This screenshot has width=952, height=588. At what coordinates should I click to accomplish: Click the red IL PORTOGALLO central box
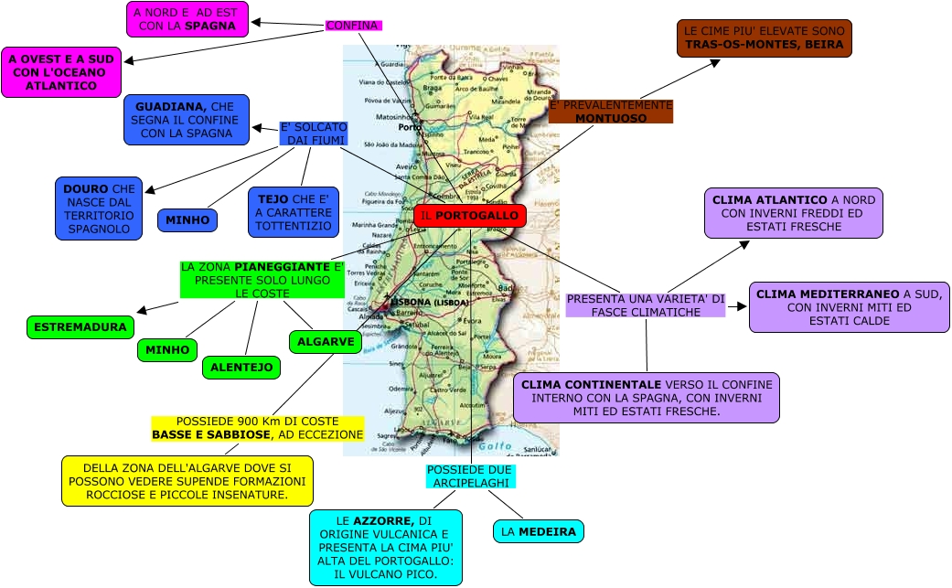point(470,216)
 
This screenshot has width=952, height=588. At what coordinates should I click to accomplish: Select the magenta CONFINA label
point(353,26)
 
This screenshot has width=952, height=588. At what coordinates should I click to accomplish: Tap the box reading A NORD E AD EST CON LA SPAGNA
point(189,19)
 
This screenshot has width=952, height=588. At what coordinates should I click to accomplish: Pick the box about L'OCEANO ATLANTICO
point(60,72)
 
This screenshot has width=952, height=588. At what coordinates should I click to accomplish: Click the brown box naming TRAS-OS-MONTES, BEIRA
point(764,37)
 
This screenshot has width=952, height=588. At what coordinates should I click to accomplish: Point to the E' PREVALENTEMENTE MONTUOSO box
point(611,112)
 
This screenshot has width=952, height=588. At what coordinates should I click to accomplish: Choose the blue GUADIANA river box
point(186,120)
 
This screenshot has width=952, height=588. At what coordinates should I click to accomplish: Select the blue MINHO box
point(187,220)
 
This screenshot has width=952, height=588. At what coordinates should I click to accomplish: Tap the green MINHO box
point(167,349)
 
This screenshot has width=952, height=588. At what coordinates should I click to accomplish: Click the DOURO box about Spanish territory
point(99,208)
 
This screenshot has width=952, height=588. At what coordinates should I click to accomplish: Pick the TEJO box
point(294,212)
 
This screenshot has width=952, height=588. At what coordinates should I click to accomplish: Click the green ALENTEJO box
point(241,367)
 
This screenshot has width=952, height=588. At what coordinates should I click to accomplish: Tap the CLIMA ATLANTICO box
point(793,213)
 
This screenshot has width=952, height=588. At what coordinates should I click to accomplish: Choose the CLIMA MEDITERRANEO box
point(850,306)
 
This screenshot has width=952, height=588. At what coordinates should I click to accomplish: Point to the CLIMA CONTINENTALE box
point(646,398)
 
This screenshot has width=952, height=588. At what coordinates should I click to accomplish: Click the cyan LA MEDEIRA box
point(538,531)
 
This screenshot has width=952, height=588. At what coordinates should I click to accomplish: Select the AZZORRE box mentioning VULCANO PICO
point(385,547)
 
